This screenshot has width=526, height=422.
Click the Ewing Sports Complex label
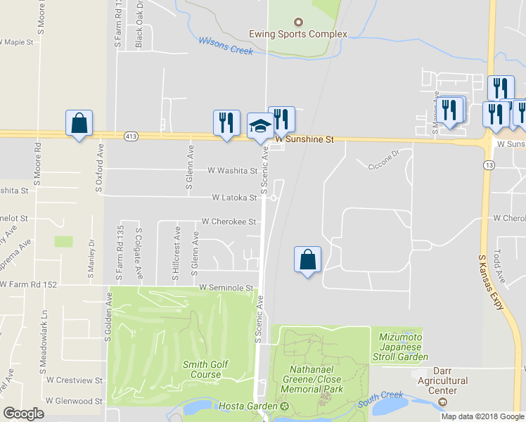298,34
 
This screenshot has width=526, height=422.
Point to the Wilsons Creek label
224,44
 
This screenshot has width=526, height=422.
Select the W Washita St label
233,170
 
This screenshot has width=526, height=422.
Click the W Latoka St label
235,198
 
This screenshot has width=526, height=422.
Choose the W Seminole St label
226,288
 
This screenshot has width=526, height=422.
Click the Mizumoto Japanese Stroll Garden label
404,347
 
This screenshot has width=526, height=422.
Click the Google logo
23,414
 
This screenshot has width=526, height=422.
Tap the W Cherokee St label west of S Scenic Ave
228,222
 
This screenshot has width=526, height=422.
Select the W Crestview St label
75,380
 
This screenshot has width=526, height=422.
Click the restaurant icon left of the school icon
226,122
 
